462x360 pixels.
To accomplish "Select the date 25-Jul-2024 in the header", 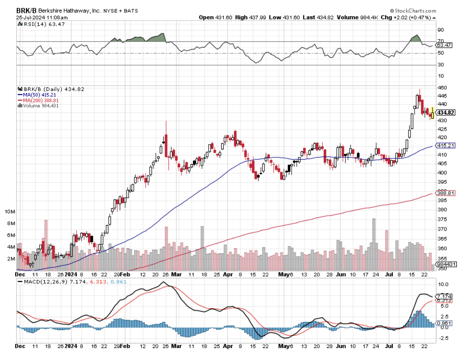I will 36,17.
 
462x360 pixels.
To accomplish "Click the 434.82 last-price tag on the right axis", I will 446,112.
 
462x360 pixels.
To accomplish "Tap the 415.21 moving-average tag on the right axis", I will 446,145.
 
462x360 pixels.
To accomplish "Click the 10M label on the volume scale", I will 10,212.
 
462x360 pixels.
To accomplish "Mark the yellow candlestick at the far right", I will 433,113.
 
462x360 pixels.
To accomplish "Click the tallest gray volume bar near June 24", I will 374,243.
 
